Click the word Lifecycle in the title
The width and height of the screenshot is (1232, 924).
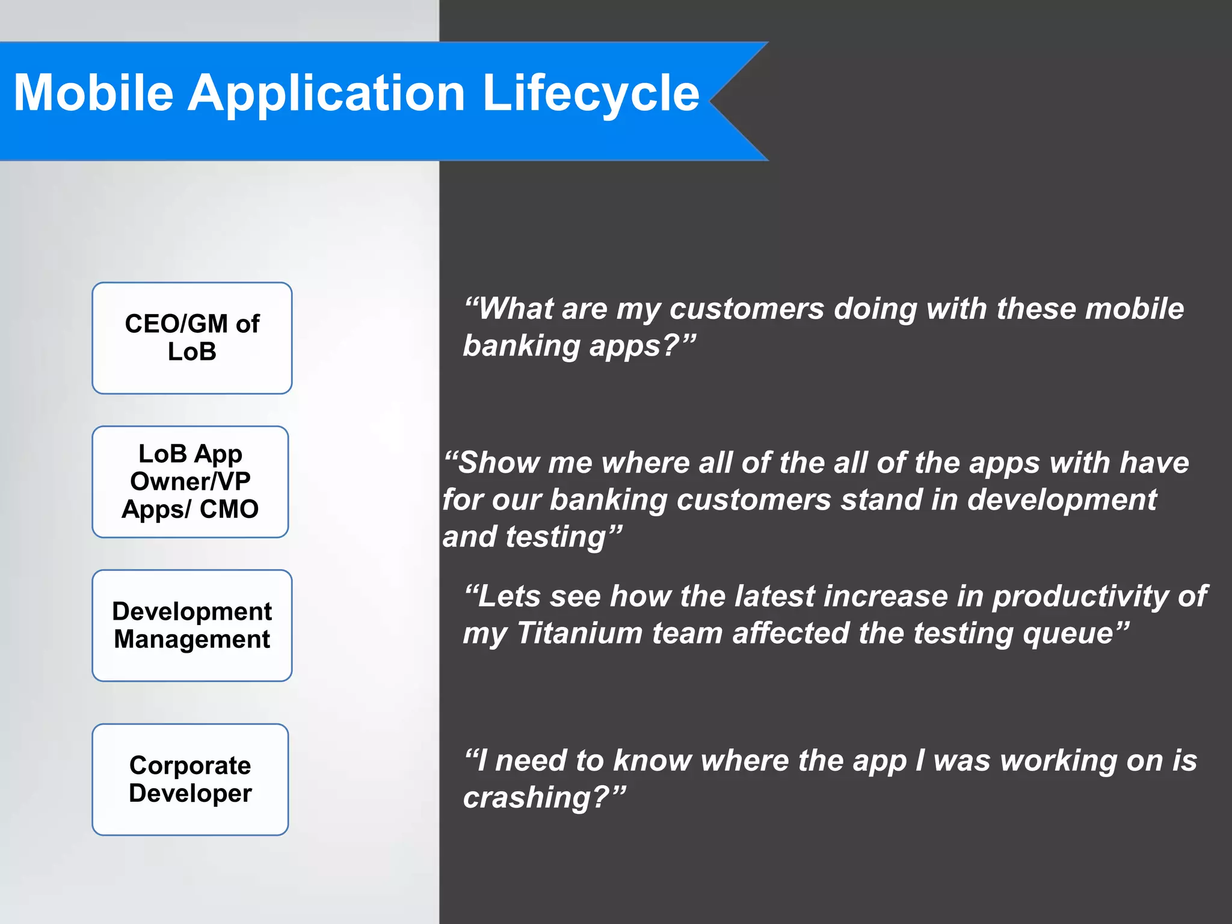[x=591, y=94]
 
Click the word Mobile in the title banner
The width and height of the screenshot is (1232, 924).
[x=93, y=94]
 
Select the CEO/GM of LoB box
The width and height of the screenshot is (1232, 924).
[x=192, y=338]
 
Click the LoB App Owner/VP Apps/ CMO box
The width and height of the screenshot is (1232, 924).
[x=190, y=482]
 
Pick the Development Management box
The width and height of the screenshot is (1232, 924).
[x=192, y=626]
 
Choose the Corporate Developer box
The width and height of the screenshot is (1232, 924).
[x=190, y=780]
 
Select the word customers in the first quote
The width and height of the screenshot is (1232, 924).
[x=747, y=309]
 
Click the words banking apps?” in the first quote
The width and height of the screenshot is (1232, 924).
[x=579, y=346]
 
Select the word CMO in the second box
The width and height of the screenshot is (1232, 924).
[x=229, y=510]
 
